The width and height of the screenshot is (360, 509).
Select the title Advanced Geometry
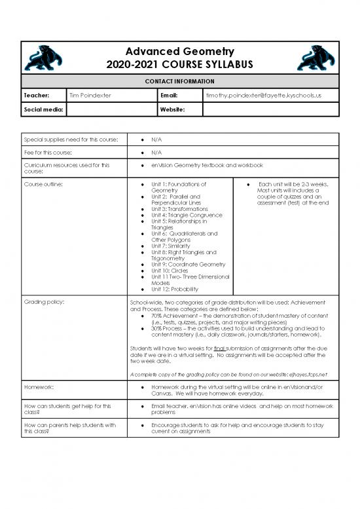(179, 52)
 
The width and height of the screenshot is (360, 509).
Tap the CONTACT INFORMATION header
(179, 81)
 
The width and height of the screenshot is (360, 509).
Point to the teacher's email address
(263, 96)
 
